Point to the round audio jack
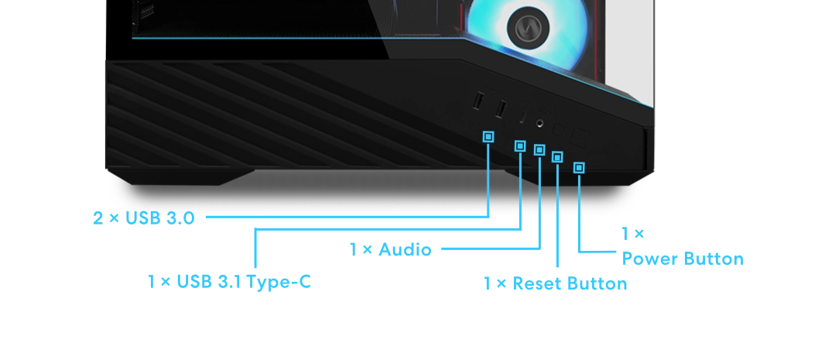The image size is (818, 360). (539, 123)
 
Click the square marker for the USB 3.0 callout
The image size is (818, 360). (488, 137)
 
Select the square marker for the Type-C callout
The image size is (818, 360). (520, 146)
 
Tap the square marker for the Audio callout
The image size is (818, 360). (539, 149)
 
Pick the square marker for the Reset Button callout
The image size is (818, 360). (557, 157)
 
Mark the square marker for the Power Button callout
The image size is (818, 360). (579, 167)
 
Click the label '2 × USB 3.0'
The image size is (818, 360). (144, 218)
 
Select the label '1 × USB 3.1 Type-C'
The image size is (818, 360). (229, 282)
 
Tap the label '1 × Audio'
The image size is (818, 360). (390, 249)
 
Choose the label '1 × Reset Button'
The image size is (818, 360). (555, 283)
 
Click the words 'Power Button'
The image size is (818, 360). (683, 259)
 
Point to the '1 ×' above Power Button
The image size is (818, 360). (632, 233)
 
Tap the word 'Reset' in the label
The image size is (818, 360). (538, 283)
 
